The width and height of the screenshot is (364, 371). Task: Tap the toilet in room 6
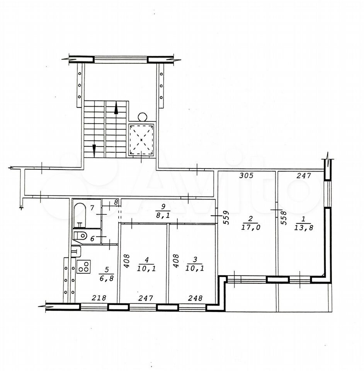80,236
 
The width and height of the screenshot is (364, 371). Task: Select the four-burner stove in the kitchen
83,266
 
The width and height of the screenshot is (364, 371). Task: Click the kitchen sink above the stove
76,252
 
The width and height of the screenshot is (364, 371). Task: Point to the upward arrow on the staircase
116,108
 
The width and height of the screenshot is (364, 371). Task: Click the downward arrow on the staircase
94,151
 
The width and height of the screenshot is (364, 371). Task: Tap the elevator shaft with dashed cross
141,140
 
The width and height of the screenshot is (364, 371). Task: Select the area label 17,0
251,227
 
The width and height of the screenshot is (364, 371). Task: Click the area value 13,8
304,228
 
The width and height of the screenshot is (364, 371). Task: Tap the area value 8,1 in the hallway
163,216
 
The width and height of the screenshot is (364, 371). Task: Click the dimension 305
246,175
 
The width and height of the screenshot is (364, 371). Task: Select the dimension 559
226,218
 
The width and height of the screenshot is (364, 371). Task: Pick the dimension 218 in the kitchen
99,298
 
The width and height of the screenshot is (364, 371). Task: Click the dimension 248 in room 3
196,298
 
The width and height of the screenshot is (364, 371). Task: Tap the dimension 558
284,218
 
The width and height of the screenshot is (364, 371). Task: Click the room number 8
116,202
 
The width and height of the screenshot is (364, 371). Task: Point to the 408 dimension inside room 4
127,261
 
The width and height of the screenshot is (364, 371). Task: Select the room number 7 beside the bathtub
92,208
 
